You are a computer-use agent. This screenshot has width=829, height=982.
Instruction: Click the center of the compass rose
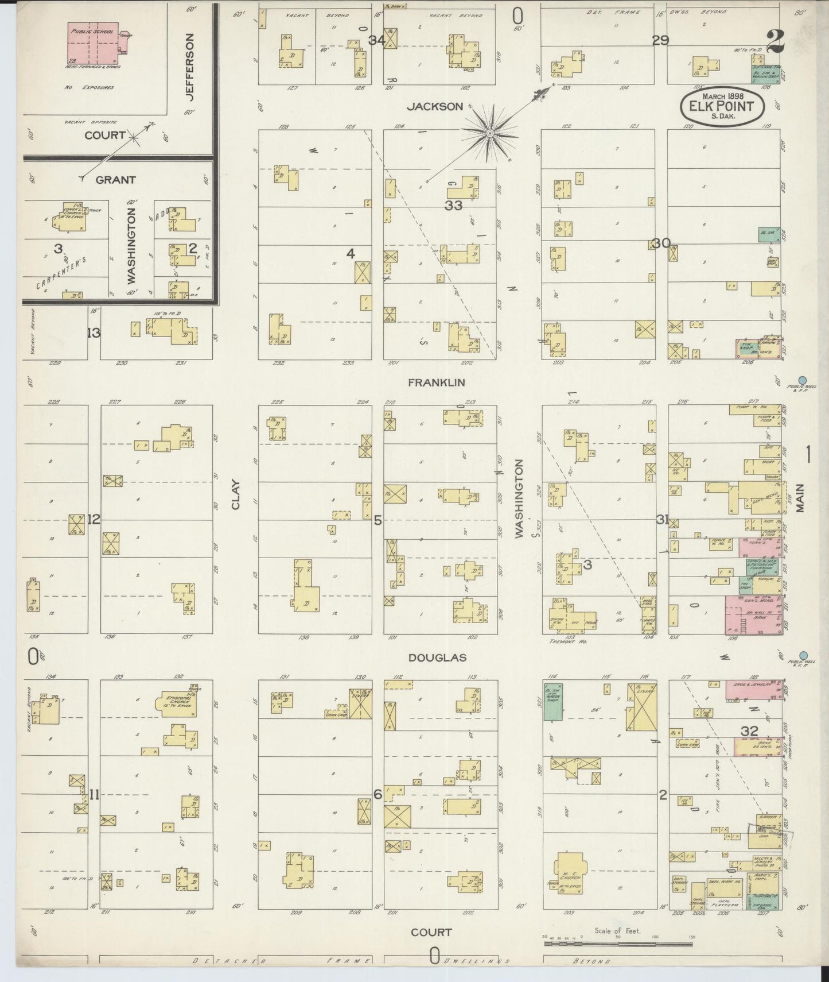[x=490, y=134]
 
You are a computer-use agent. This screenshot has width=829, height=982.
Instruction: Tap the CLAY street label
[x=235, y=494]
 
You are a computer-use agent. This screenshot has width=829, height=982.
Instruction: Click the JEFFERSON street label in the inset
[x=191, y=67]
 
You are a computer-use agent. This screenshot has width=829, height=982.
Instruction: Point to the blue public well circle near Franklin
[x=803, y=379]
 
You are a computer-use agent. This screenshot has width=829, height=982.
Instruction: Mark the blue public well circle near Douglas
[x=803, y=655]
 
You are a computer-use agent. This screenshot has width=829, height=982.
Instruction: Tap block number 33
[x=453, y=205]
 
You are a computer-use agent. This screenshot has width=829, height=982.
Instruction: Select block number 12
[x=94, y=519]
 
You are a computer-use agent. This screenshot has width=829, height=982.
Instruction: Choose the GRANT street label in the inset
[x=116, y=180]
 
